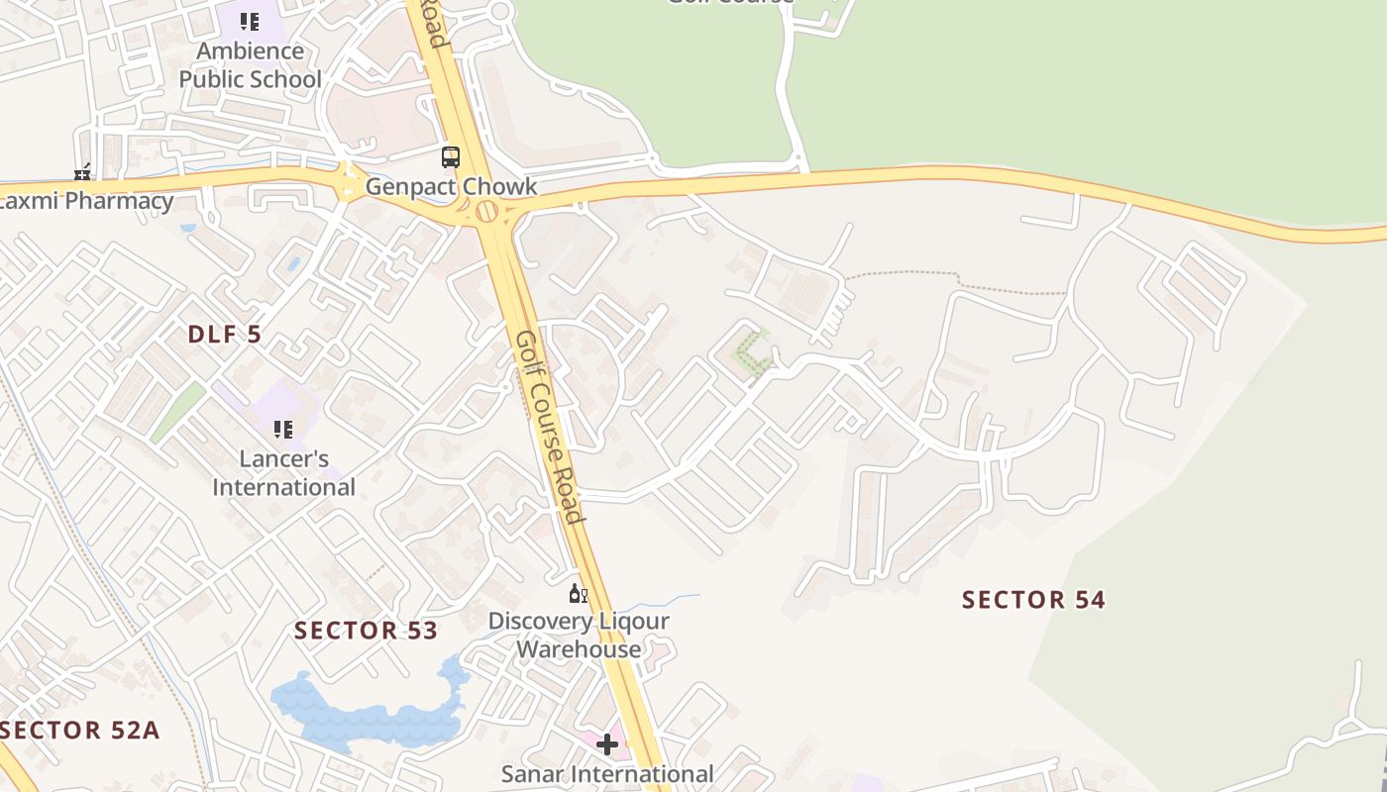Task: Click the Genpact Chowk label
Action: coord(451,186)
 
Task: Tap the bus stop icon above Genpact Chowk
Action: coord(451,156)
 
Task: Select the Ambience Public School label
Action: coord(251,64)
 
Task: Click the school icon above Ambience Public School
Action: coord(251,21)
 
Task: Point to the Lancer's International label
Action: coord(284,473)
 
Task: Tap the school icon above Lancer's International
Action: coord(283,430)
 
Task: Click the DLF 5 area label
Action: coord(225,335)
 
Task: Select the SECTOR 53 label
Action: coord(366,631)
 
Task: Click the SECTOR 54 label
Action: coord(1033,599)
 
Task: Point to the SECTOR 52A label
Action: coord(79,731)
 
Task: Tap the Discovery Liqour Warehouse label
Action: coord(579,635)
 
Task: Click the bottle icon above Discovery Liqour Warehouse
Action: coord(578,594)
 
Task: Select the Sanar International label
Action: coord(607,773)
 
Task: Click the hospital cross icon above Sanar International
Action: coord(607,743)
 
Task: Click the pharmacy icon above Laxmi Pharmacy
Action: coord(82,172)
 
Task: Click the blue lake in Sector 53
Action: coord(367,715)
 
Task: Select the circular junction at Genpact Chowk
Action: coord(486,211)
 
